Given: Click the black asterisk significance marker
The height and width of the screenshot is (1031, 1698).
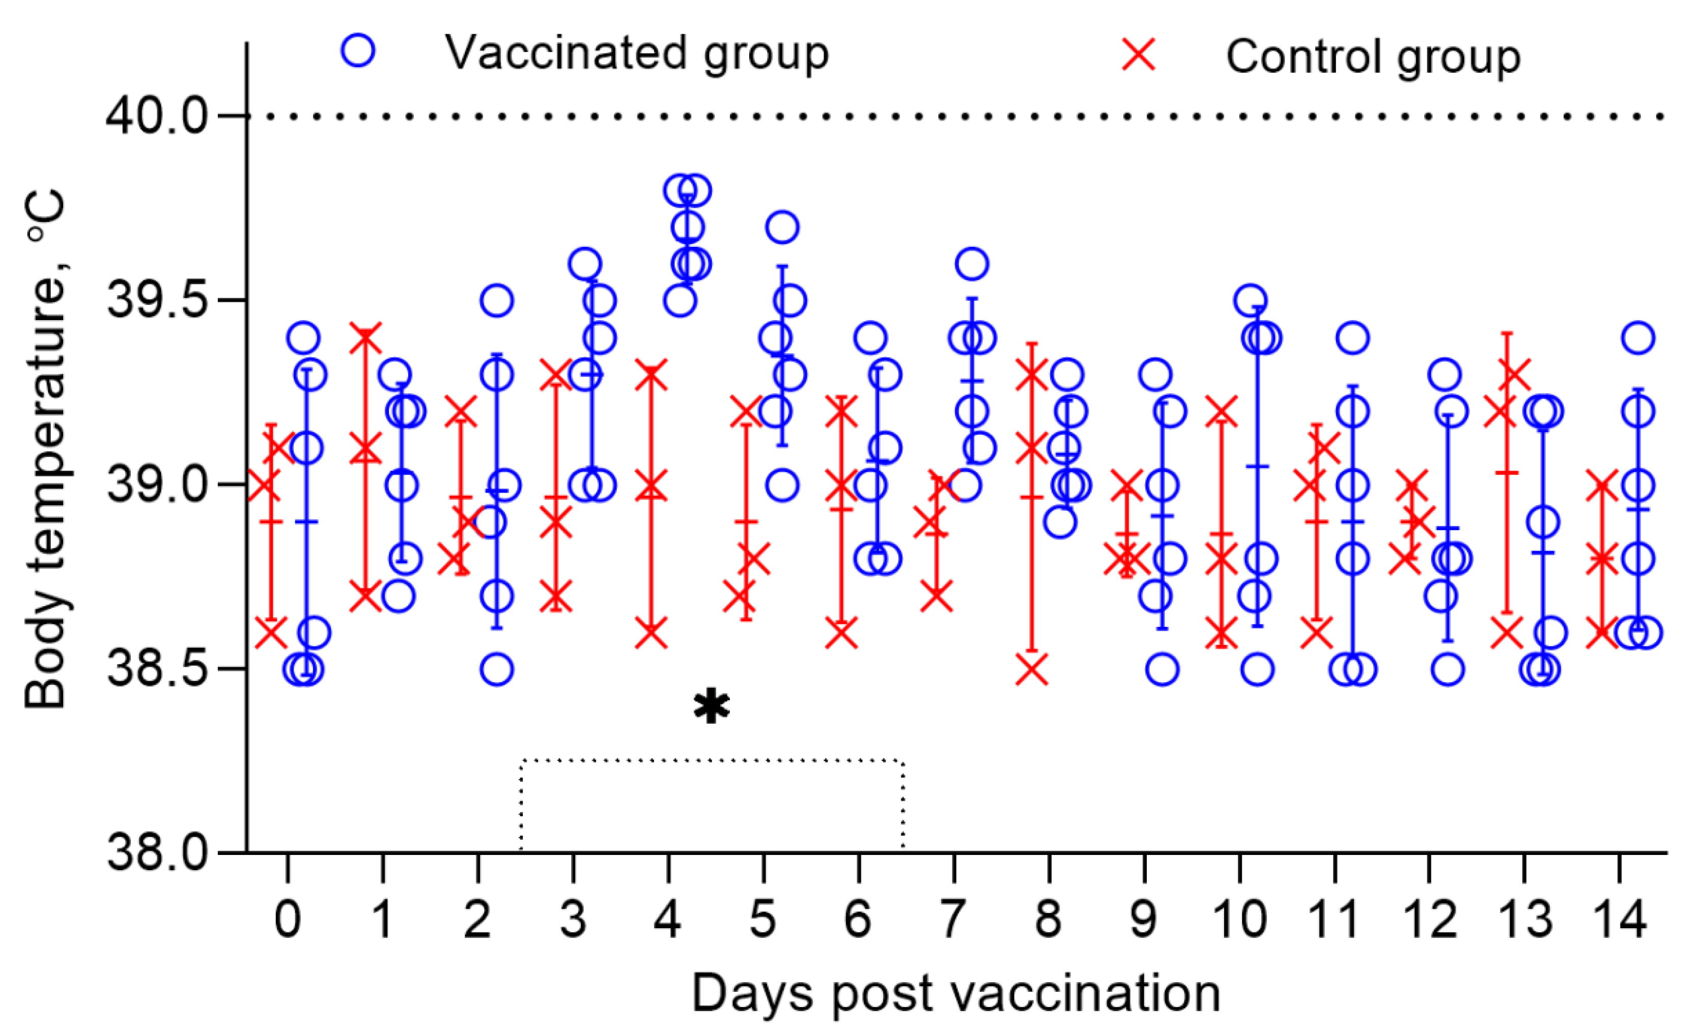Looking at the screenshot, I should click(711, 706).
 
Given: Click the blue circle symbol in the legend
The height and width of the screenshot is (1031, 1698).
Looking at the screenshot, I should click(358, 50).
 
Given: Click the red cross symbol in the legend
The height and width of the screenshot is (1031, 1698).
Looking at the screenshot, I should click(1139, 54).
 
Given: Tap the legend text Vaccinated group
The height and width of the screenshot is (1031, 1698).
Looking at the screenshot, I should click(636, 53).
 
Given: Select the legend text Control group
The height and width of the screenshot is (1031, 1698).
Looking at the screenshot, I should click(1373, 56).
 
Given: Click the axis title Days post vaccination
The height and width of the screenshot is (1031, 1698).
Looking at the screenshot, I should click(956, 993).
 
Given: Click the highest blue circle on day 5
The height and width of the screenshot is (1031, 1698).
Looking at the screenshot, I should click(782, 227).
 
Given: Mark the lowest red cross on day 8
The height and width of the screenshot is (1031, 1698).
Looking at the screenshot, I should click(1032, 669).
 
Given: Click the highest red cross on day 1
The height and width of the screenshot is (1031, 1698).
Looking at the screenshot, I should click(365, 338).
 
